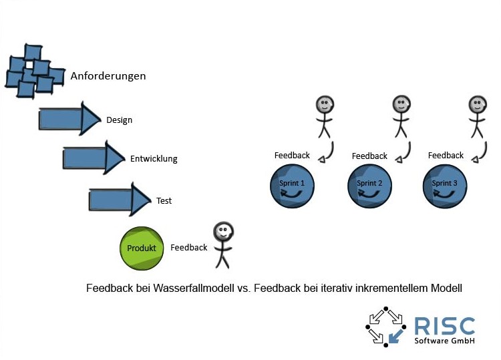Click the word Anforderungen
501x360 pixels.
coord(108,76)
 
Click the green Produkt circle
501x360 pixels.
coord(142,248)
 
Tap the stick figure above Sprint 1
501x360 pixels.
coord(324,117)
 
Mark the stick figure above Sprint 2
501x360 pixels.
coord(401,117)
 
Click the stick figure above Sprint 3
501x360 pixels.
coord(476,117)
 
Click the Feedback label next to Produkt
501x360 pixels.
coord(189,248)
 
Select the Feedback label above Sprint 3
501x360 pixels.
coord(446,156)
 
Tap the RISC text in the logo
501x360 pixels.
coord(444,326)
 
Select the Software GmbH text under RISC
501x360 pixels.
coord(444,341)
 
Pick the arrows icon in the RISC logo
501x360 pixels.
coord(386,326)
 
